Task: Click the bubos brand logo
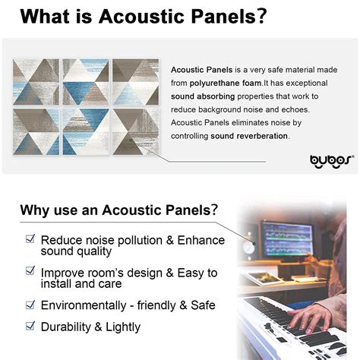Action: [x=332, y=161]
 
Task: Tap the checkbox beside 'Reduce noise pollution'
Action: [x=30, y=238]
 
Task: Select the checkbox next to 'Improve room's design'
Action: [x=30, y=270]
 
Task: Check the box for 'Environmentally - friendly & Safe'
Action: [x=30, y=305]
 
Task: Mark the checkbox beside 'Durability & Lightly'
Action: [x=30, y=326]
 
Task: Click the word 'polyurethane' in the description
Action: [x=211, y=84]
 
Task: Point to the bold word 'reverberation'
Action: [x=262, y=136]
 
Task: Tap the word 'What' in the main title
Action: [x=45, y=17]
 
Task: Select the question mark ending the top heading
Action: [x=261, y=16]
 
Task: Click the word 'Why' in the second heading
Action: [x=35, y=211]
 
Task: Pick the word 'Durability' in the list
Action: [x=66, y=327]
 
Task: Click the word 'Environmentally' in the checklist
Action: [x=84, y=305]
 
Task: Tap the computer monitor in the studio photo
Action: [x=287, y=238]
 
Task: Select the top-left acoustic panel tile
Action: [x=36, y=82]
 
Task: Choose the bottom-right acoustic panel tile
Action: [x=135, y=131]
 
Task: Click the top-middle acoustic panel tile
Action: [x=86, y=82]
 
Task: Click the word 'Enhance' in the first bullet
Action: [x=201, y=240]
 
